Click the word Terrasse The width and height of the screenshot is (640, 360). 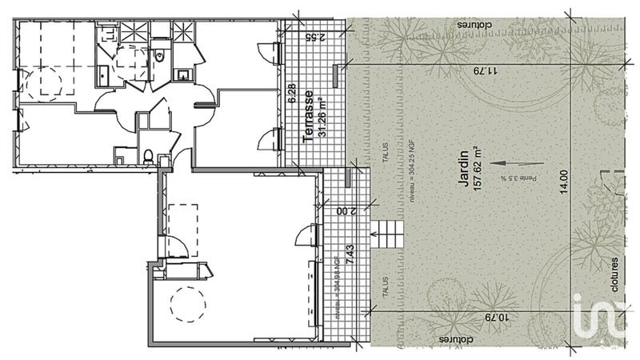[x=308, y=116]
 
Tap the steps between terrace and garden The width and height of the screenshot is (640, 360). [x=390, y=234]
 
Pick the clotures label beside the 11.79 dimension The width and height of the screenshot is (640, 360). [x=475, y=25]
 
